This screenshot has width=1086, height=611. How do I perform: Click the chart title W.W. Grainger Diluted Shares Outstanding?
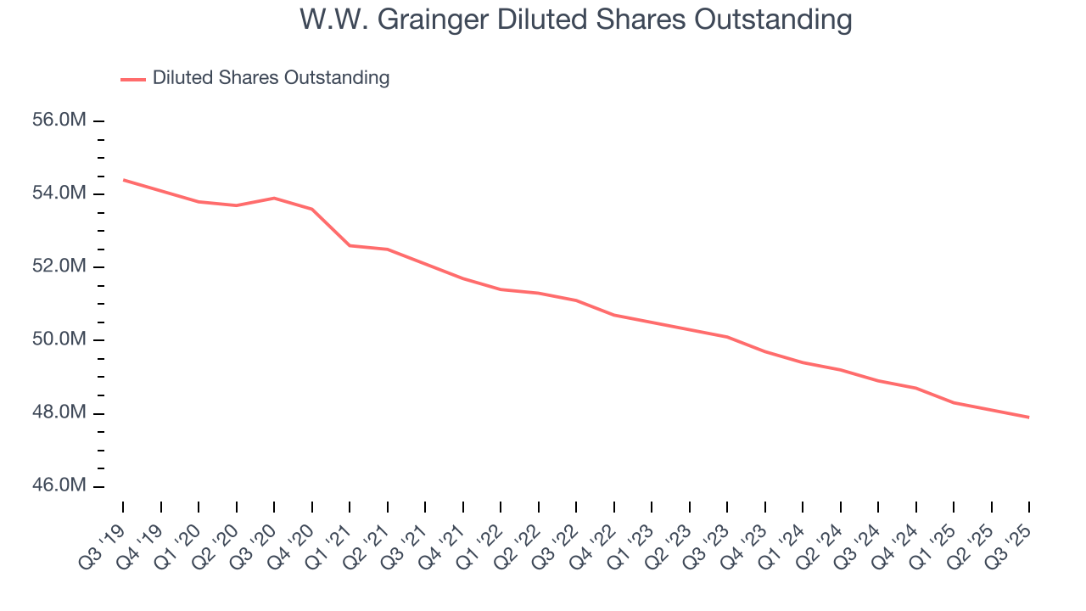coord(575,20)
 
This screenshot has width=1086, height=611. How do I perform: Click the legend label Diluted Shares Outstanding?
coord(271,78)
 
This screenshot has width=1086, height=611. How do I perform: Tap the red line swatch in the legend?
coord(133,79)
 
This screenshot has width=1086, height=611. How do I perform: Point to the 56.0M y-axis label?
coord(59,121)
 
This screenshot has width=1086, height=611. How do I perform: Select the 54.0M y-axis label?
coord(59,193)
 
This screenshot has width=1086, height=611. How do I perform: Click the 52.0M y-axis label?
coord(59,266)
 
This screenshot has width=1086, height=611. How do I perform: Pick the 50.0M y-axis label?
coord(59,339)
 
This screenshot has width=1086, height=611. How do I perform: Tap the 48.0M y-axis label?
coord(59,412)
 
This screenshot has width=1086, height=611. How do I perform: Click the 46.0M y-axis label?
coord(59,485)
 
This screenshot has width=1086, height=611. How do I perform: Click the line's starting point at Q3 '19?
coord(123,180)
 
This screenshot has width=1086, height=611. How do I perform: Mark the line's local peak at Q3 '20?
coord(274,198)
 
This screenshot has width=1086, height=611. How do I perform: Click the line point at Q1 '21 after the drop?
coord(350,245)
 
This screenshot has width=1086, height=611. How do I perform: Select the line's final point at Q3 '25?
coord(1028,417)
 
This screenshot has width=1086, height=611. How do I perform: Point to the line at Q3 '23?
coord(727,337)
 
